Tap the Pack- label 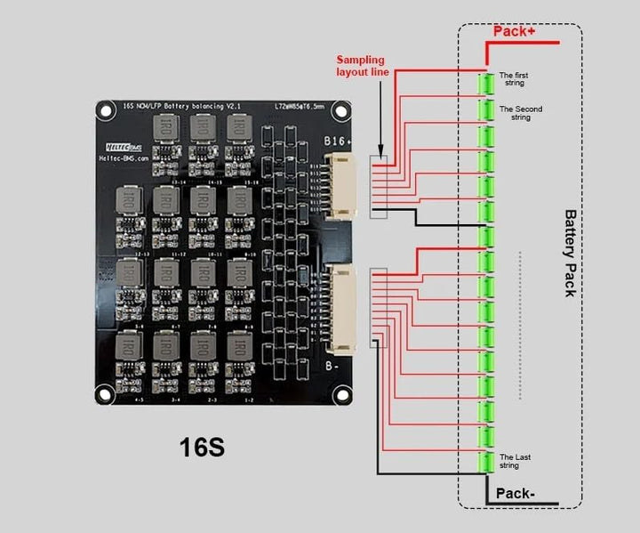coord(515,492)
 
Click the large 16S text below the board coord(203,447)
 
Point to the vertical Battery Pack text coord(570,254)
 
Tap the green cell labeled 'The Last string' coord(486,463)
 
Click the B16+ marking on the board coord(337,141)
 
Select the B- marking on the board coord(332,365)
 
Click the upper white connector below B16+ coord(341,185)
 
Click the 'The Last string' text coord(515,461)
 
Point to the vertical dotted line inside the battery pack coord(521,325)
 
